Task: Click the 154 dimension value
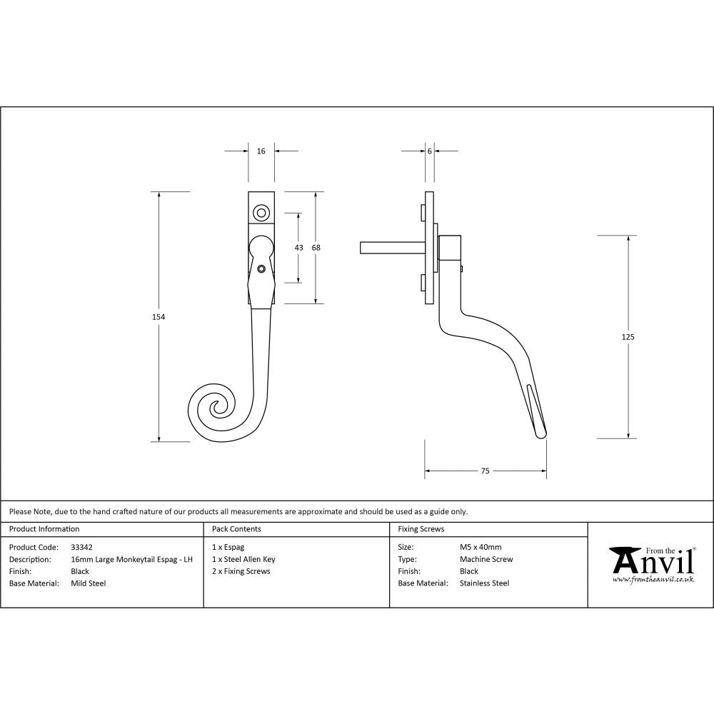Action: click(159, 316)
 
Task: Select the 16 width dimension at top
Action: click(261, 151)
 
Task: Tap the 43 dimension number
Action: click(298, 248)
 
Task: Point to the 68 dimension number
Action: click(316, 248)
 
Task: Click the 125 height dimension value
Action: click(628, 336)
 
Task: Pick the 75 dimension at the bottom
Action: click(485, 471)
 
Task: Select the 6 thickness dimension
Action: click(429, 151)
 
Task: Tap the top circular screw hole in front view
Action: click(261, 212)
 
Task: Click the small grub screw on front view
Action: click(262, 269)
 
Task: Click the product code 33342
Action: click(82, 547)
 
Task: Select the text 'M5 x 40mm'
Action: click(481, 547)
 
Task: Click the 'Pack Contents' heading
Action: click(236, 529)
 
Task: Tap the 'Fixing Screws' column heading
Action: click(421, 529)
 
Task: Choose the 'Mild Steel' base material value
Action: click(88, 583)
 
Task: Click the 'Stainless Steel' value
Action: click(484, 583)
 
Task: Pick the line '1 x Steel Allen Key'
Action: click(243, 559)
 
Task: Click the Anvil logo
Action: click(651, 565)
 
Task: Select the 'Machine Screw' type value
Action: click(486, 559)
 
